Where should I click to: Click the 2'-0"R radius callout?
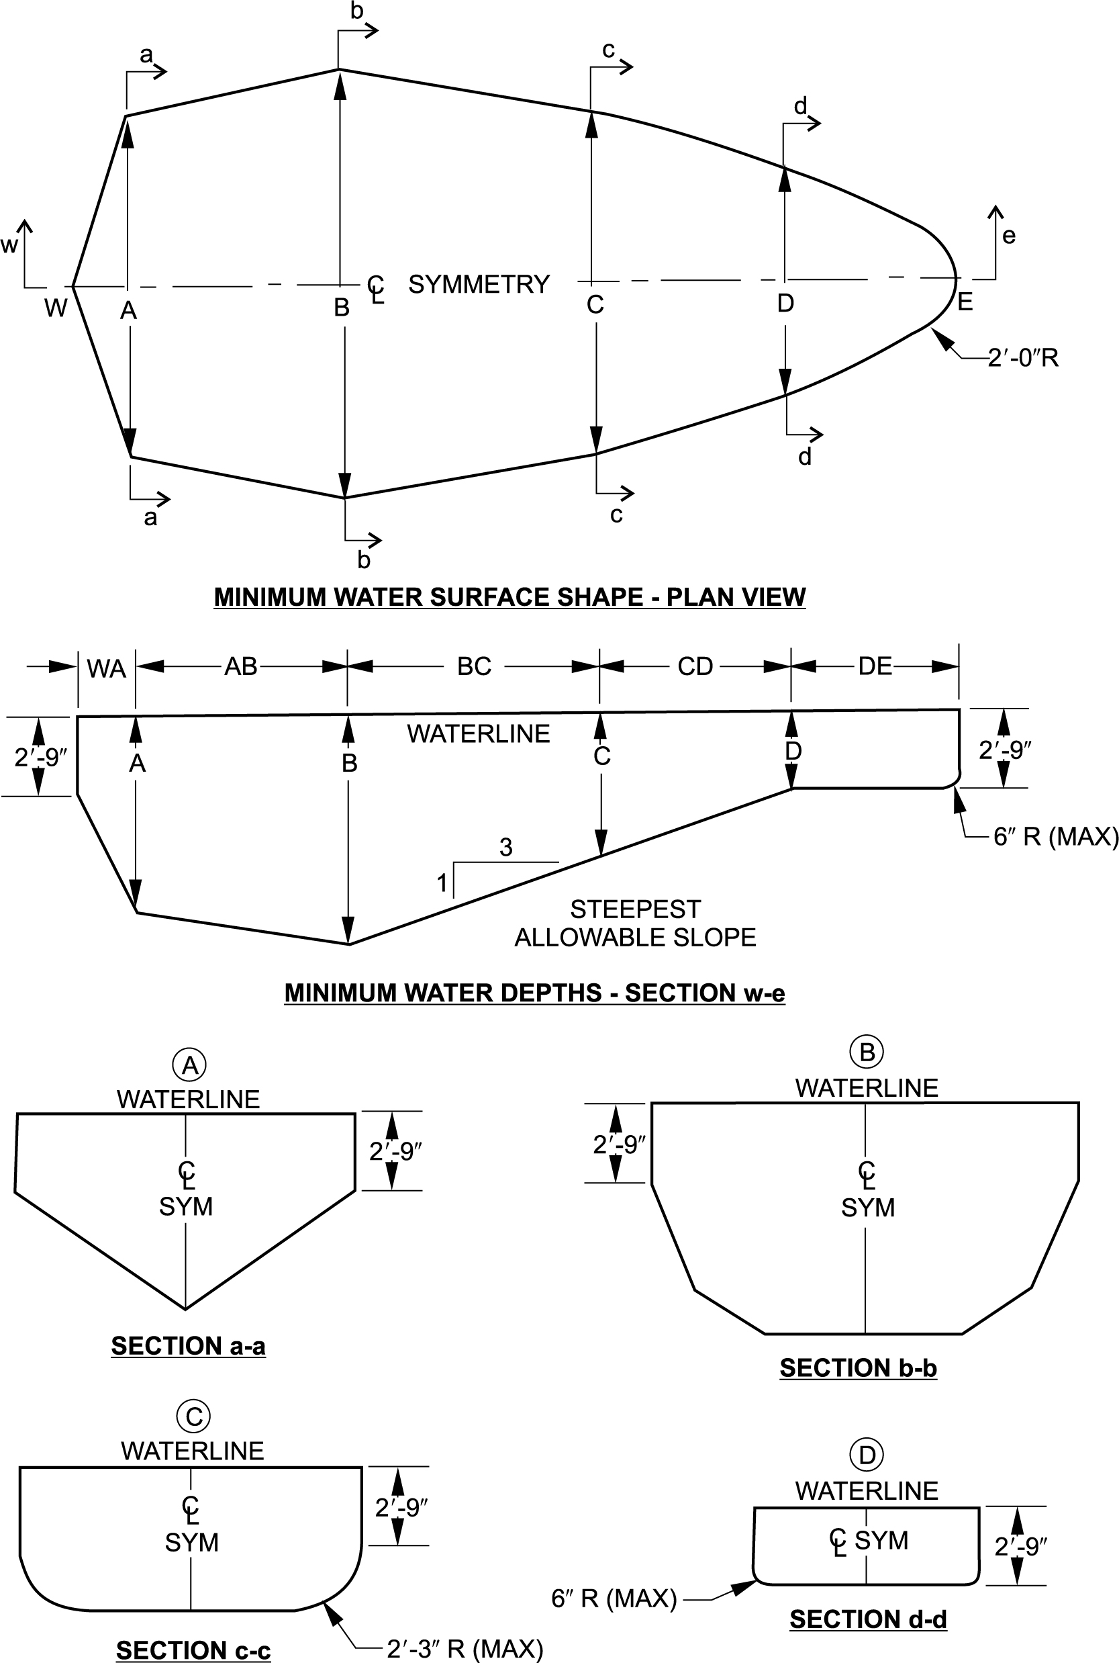coord(1022,357)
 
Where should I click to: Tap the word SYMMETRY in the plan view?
coord(479,284)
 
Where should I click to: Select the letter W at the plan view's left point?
coord(56,308)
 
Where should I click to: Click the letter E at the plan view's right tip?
coord(965,302)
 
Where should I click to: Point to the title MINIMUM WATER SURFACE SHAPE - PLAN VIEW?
coord(509,597)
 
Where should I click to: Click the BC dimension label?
coord(474,666)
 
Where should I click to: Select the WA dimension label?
coord(106,669)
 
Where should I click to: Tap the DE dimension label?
coord(875,666)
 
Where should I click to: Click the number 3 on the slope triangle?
coord(506,848)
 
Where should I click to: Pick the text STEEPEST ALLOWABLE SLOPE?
coord(635,924)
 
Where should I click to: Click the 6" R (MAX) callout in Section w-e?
coord(1055,836)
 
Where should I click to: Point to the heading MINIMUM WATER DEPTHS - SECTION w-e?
coord(534,993)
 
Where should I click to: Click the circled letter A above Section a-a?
coord(190,1065)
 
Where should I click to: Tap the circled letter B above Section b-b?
coord(867,1052)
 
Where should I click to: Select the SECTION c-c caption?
coord(193,1650)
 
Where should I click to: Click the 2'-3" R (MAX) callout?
coord(465,1649)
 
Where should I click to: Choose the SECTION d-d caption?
coord(868,1619)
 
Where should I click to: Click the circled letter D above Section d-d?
coord(867,1455)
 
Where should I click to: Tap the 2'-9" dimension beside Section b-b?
coord(619,1144)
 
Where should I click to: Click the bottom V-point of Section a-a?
coord(185,1308)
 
